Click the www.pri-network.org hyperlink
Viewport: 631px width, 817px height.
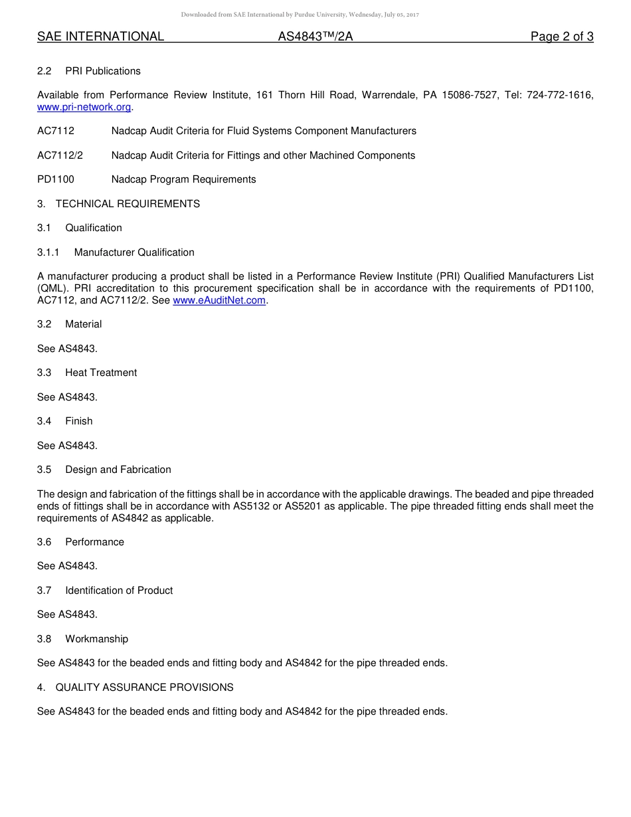(84, 107)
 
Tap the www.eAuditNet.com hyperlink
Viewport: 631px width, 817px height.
(219, 300)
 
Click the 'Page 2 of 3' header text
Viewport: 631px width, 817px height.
(561, 37)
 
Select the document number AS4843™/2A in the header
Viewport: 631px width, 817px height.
(315, 37)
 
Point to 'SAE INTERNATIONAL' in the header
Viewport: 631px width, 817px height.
(100, 37)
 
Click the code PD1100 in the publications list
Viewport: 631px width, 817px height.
(56, 179)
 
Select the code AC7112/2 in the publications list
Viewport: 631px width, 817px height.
(60, 155)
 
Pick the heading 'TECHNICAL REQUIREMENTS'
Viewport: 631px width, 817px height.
(128, 204)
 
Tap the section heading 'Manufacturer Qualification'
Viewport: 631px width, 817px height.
(134, 252)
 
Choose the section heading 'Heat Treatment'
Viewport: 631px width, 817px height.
(101, 373)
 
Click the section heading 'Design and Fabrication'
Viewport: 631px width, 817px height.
(118, 470)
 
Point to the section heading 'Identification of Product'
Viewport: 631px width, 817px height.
(119, 590)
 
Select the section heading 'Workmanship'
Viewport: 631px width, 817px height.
(96, 639)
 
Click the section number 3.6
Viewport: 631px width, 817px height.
(44, 542)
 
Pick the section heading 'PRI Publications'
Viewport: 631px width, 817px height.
(103, 71)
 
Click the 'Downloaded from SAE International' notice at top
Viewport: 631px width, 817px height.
(300, 15)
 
